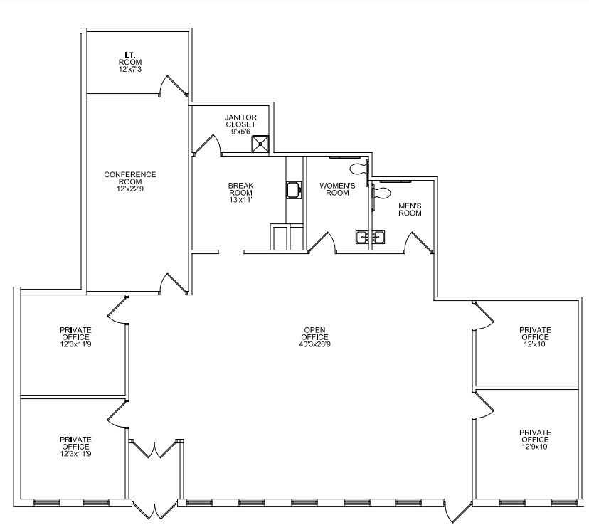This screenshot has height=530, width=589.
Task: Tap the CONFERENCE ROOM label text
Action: [x=130, y=178]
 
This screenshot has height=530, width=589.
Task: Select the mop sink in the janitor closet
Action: [x=260, y=144]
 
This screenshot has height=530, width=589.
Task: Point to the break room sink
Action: [x=293, y=190]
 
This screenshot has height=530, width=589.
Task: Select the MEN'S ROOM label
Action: [x=410, y=209]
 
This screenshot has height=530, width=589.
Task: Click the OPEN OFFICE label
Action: [x=314, y=334]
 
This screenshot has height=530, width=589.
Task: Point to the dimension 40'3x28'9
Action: [x=314, y=345]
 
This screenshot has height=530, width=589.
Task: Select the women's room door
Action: [x=323, y=243]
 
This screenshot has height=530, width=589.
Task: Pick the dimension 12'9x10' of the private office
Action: [x=535, y=447]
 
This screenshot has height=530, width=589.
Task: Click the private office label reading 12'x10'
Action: [x=535, y=337]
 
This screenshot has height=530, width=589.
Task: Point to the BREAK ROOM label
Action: [x=240, y=189]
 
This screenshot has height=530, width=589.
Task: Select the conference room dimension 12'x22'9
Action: [x=130, y=189]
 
